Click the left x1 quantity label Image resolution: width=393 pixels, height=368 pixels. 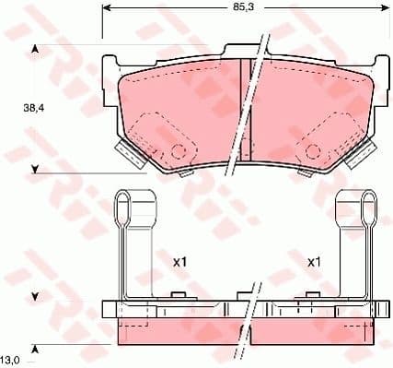(180, 262)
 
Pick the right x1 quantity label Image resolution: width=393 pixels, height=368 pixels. (313, 262)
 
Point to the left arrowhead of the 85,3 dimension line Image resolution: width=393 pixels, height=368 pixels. (105, 7)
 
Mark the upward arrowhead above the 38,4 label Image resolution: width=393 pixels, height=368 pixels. (35, 49)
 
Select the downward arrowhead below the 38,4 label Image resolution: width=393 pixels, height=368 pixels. (35, 169)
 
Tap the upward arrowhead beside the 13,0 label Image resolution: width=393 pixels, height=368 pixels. (35, 346)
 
